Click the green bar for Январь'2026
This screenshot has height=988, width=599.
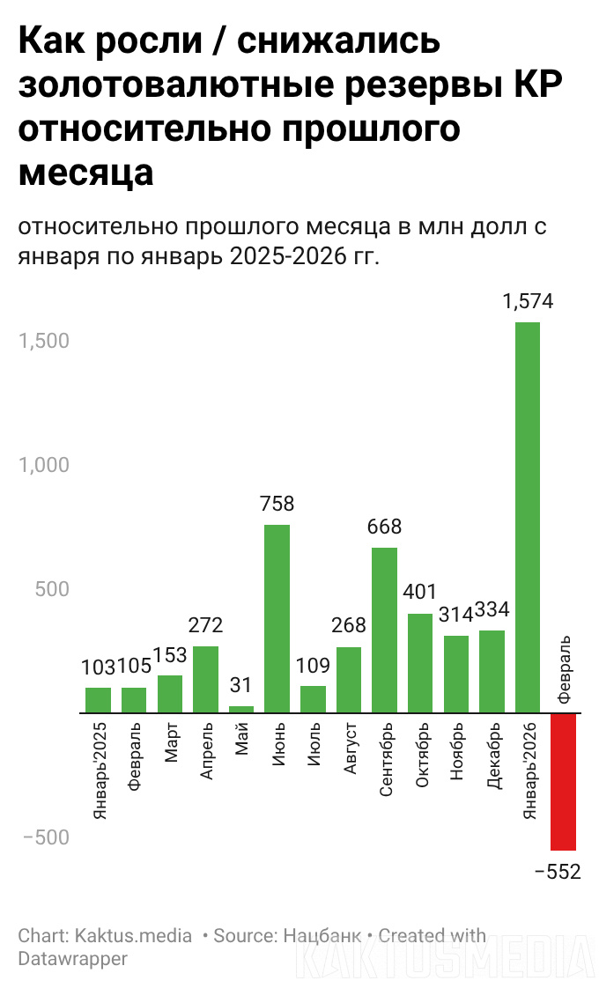pos(528,517)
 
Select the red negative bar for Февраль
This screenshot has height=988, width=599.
pos(563,781)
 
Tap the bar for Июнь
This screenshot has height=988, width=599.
pos(277,618)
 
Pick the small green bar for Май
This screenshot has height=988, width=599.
pos(241,709)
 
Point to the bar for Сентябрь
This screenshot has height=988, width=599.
pos(384,630)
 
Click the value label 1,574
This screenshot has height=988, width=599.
pos(528,301)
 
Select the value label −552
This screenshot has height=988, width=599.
pos(558,872)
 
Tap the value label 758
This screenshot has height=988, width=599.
pos(277,505)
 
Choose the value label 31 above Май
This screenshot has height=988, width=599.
pos(241,685)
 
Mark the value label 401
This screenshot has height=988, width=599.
pos(420,591)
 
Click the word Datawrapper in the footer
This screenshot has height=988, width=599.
pos(72,958)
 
